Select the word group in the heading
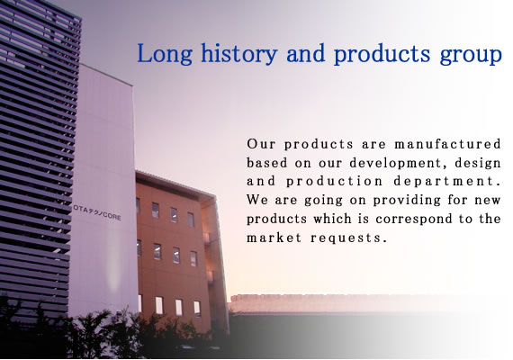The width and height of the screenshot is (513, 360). [471, 55]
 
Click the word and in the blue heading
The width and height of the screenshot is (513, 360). [306, 53]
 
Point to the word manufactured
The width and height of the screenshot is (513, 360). [448, 144]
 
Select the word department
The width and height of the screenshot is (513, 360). [447, 182]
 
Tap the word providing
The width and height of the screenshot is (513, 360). [408, 201]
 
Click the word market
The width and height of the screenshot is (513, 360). [274, 238]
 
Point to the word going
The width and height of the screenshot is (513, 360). [324, 201]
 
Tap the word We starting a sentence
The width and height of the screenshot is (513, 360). [256, 200]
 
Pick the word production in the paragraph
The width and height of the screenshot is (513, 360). [335, 182]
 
